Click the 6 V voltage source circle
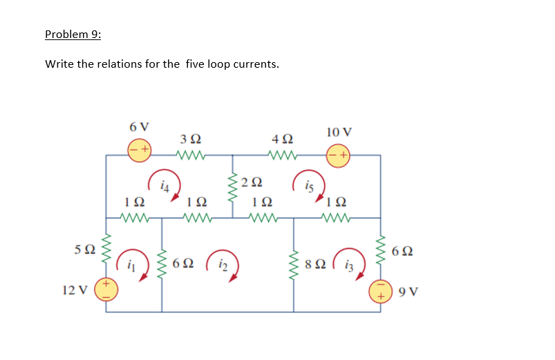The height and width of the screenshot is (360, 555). click(x=139, y=149)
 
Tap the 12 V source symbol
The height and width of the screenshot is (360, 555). click(x=106, y=290)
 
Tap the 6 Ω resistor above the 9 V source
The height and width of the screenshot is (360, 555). click(x=380, y=249)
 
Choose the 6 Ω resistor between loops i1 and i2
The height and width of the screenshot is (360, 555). click(x=162, y=262)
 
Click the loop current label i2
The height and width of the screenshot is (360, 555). click(x=223, y=264)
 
